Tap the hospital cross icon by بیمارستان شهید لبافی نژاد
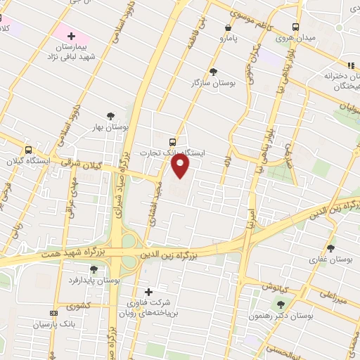click(x=70, y=35)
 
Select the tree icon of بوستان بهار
click(x=110, y=116)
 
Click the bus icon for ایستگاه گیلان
click(x=28, y=150)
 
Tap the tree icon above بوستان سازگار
click(x=214, y=72)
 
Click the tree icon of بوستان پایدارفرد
click(x=94, y=269)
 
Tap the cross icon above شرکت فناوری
click(x=148, y=292)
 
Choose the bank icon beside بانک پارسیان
click(x=52, y=314)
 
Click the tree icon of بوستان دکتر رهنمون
click(x=281, y=304)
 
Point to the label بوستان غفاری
click(x=330, y=259)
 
